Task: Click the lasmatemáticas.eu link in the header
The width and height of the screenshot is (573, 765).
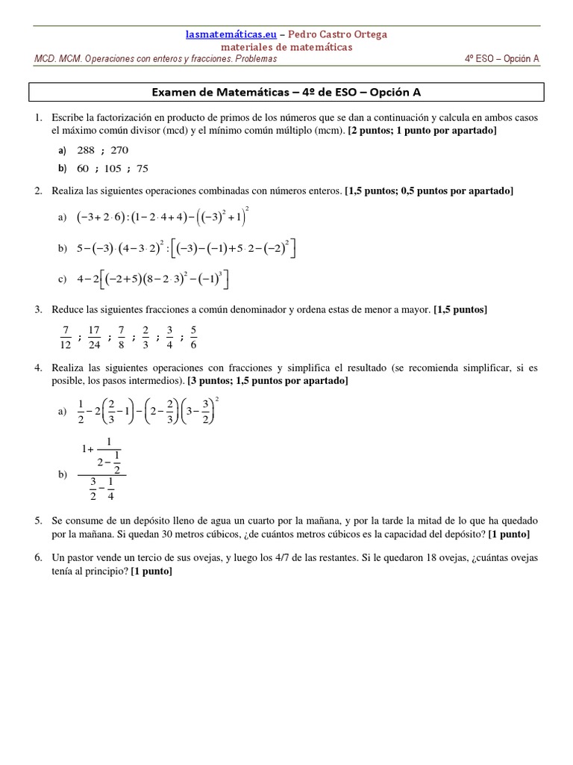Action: coord(231,34)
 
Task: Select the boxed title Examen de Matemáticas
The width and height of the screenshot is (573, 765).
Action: coord(286,92)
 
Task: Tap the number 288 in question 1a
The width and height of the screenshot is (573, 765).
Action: coord(87,150)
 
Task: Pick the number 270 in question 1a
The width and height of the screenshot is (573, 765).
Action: coord(119,150)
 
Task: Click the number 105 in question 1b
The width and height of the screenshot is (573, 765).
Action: coord(113,168)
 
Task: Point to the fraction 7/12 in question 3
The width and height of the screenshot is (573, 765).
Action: coord(66,337)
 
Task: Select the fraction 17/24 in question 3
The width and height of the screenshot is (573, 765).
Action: coord(94,337)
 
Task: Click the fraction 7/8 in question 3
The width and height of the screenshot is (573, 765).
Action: coord(121,337)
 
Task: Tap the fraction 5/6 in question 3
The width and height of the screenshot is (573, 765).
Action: coord(193,337)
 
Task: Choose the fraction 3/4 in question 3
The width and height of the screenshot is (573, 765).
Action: coord(169,337)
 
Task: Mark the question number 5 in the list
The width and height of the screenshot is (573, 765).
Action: coord(38,520)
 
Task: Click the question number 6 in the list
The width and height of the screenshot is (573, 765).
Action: coord(38,558)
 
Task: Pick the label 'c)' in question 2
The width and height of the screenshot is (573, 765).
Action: coord(62,279)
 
